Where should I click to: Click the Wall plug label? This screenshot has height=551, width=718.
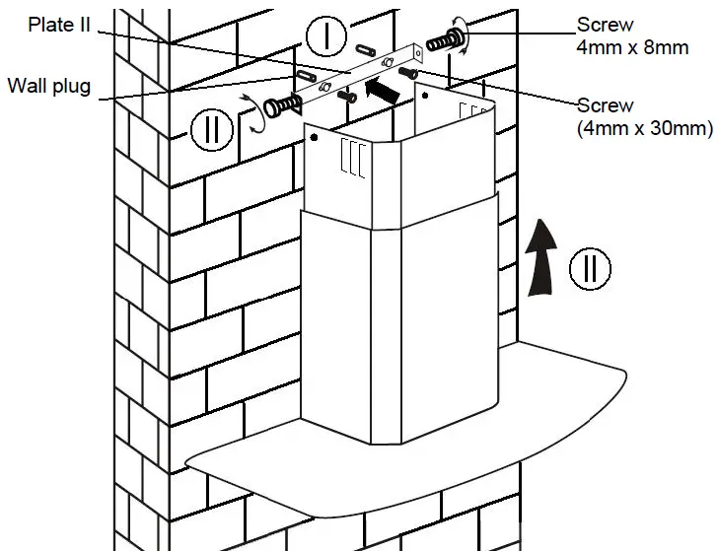pyautogui.click(x=49, y=86)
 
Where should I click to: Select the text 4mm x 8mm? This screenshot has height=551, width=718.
pyautogui.click(x=631, y=48)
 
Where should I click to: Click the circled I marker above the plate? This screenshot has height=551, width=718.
pyautogui.click(x=324, y=38)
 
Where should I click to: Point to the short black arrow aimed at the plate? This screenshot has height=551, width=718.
pyautogui.click(x=384, y=90)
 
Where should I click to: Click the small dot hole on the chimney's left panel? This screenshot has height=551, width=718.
pyautogui.click(x=313, y=137)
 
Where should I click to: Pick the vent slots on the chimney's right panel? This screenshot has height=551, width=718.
pyautogui.click(x=473, y=111)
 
